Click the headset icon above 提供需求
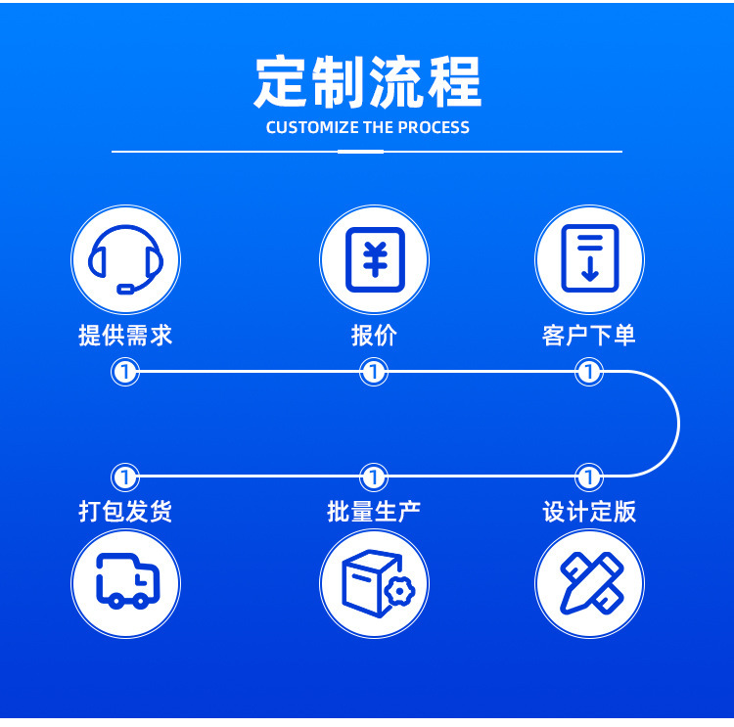(125, 260)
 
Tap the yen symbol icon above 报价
(374, 260)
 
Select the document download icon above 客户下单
(589, 260)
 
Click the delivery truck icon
(125, 583)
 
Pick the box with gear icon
(374, 583)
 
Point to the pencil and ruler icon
(589, 583)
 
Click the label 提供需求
(125, 336)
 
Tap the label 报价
(374, 336)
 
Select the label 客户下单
(589, 336)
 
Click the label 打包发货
(125, 511)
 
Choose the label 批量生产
(374, 511)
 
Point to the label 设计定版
(589, 511)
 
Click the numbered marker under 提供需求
(125, 372)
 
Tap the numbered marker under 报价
(374, 372)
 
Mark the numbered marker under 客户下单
(589, 372)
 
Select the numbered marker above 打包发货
(125, 477)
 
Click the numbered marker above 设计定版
(589, 477)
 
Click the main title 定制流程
(367, 82)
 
